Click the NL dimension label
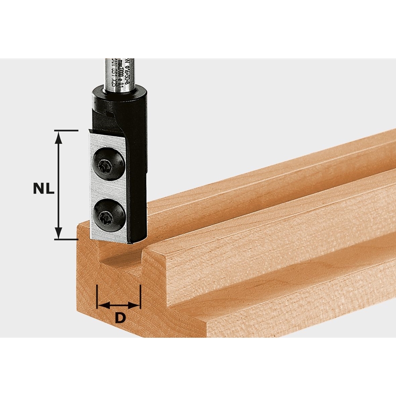pos(44,189)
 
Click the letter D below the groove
pos(120,318)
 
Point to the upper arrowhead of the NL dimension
pos(58,136)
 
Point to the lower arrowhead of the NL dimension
pos(58,233)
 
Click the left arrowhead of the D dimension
pos(101,305)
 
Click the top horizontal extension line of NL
pos(66,130)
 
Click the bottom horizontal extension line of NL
pos(66,240)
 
